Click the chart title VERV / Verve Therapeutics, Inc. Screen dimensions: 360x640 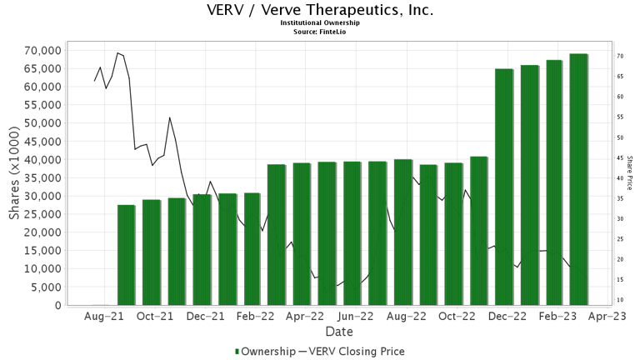click(320, 10)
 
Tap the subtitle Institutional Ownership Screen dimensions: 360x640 click(320, 23)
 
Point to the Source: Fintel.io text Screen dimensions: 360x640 click(320, 32)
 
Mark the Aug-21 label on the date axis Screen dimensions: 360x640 click(105, 317)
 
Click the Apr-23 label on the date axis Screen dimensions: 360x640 click(607, 317)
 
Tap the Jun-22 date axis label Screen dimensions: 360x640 click(356, 317)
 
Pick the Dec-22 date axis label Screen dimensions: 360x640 click(507, 317)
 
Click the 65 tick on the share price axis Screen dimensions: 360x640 click(621, 77)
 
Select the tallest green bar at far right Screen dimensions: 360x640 click(578, 179)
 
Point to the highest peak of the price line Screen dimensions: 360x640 click(117, 52)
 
